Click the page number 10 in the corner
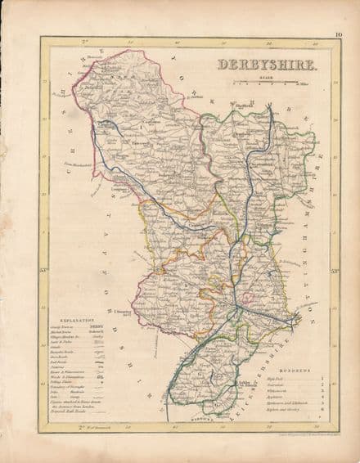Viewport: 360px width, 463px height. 338,34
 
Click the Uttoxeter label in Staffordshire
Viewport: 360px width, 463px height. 120,312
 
